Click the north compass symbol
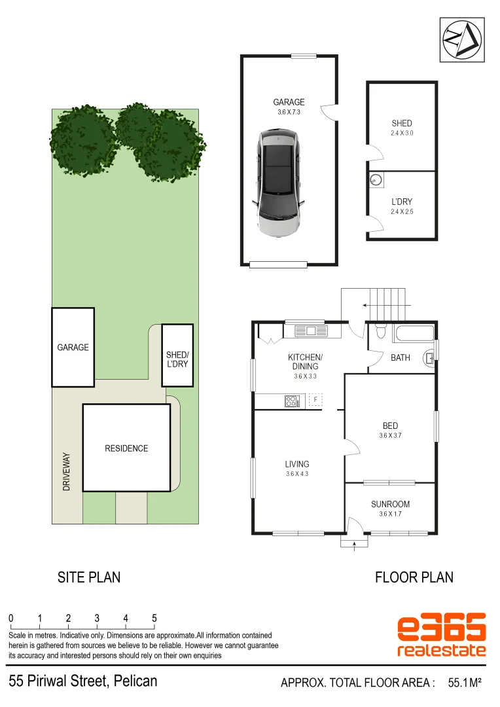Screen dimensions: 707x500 [462, 39]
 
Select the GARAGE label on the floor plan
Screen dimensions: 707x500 [289, 102]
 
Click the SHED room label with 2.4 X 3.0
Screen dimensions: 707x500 [402, 123]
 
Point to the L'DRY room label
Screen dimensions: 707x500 [402, 202]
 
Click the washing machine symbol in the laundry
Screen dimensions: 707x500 [376, 180]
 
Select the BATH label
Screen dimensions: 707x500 [400, 357]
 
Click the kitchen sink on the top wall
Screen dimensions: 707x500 [310, 331]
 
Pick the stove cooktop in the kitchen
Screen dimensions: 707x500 [291, 401]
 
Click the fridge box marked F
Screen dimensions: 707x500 [315, 399]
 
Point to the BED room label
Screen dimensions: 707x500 [390, 426]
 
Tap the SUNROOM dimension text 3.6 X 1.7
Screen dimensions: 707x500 [390, 514]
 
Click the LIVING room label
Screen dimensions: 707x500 [297, 464]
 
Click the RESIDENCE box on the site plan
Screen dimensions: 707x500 [127, 448]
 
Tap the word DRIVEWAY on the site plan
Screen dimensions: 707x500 [66, 472]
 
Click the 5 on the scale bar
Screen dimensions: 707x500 [154, 618]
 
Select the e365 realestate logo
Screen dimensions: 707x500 [442, 635]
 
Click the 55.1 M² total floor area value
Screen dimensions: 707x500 [465, 683]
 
